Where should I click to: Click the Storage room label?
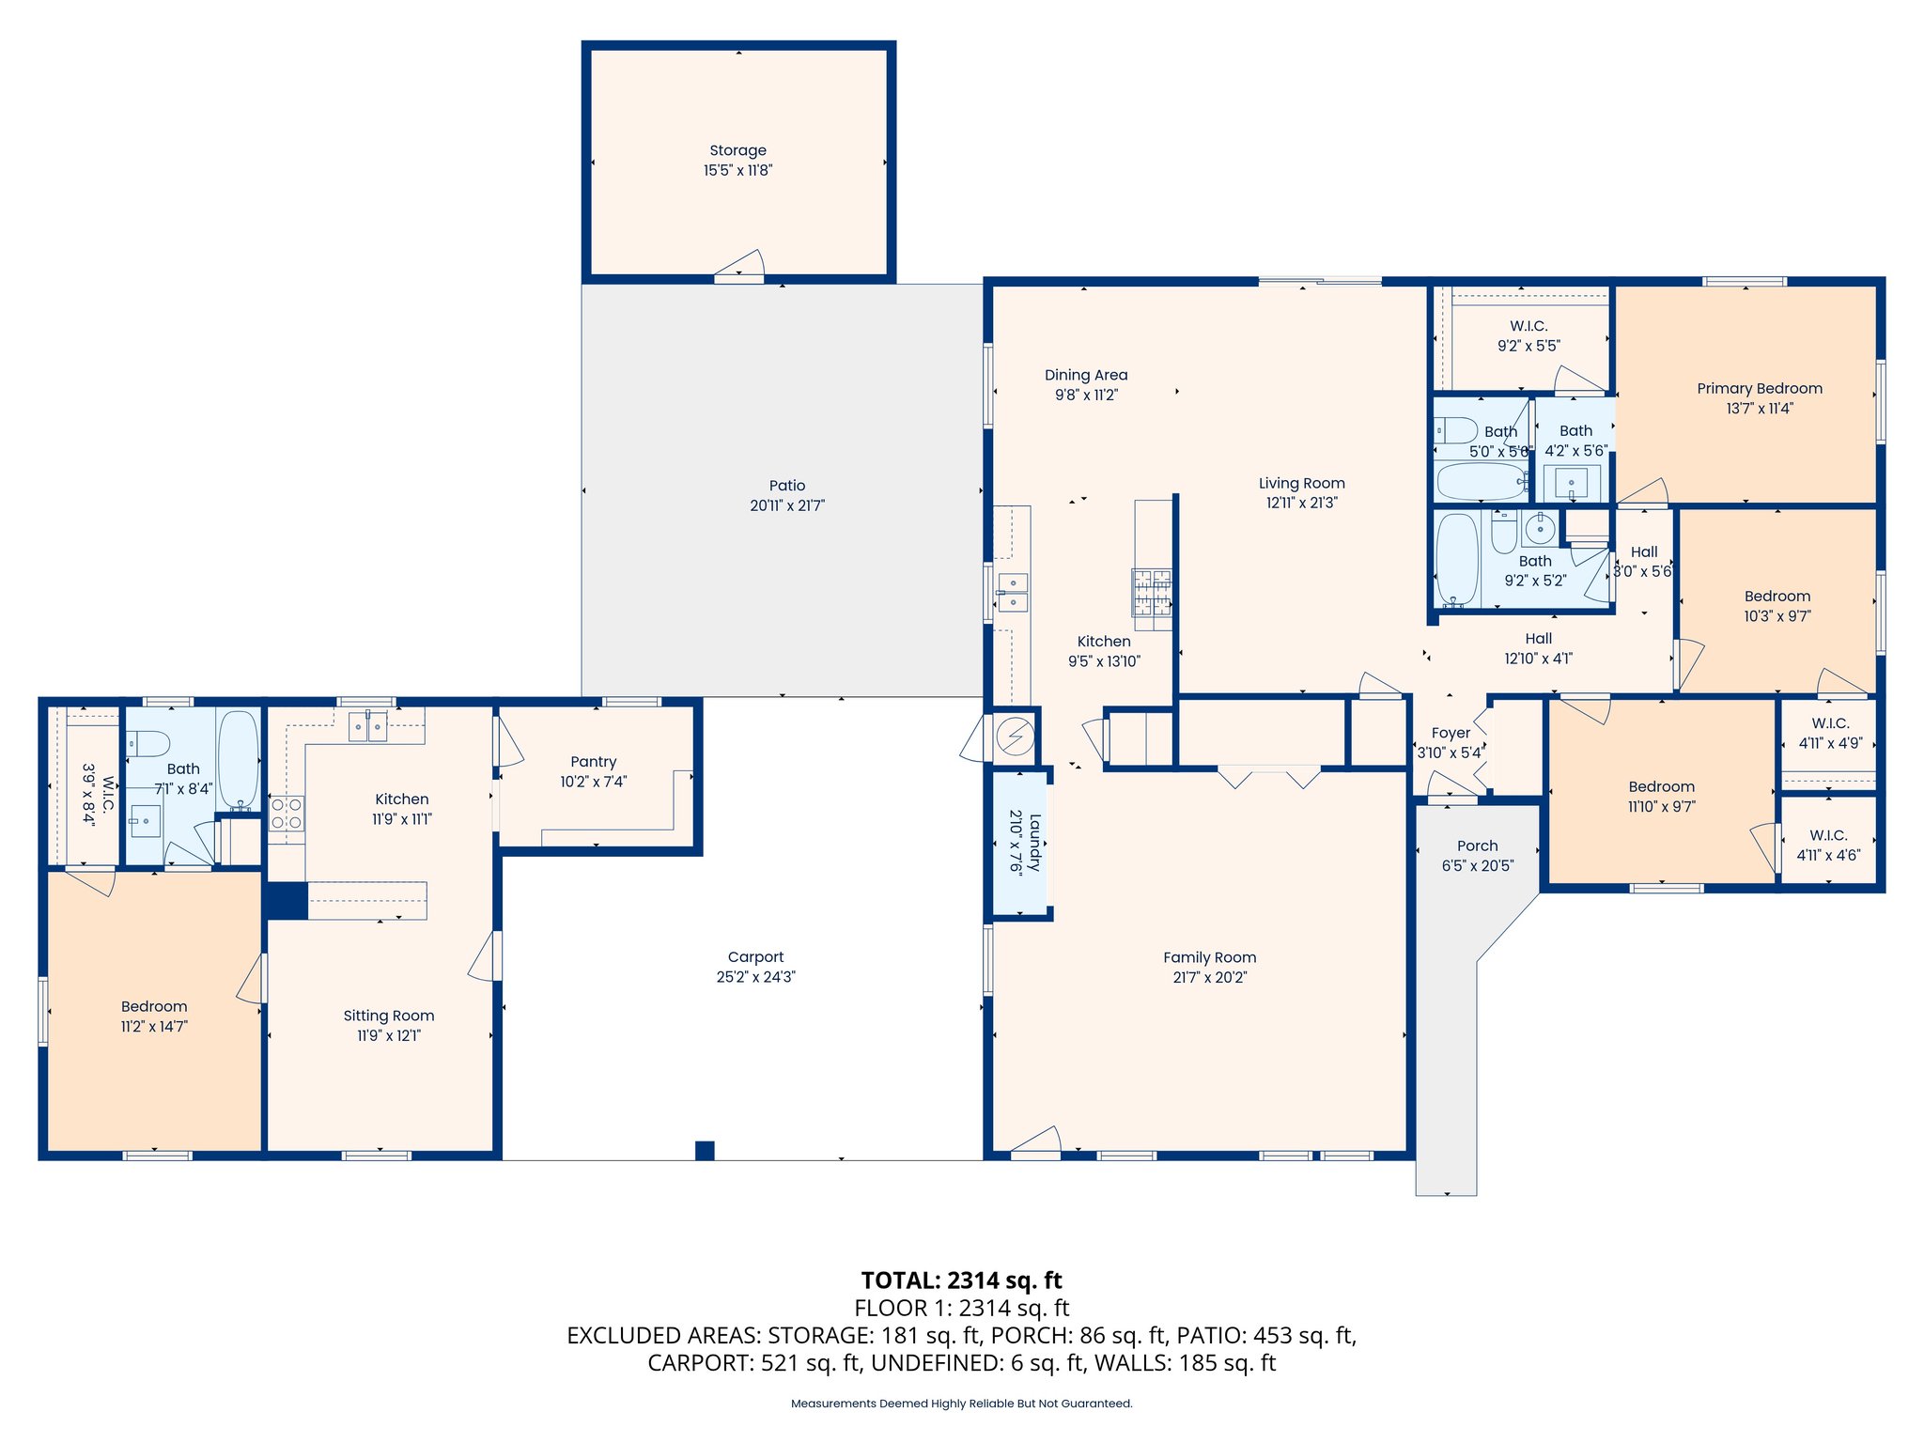pyautogui.click(x=737, y=150)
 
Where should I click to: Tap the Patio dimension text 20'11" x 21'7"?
pyautogui.click(x=786, y=505)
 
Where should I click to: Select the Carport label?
pyautogui.click(x=755, y=956)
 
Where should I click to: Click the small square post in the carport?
pyautogui.click(x=705, y=1150)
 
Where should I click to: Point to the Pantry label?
pyautogui.click(x=593, y=762)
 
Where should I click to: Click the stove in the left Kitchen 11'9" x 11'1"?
pyautogui.click(x=287, y=814)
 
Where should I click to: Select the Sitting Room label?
pyautogui.click(x=388, y=1016)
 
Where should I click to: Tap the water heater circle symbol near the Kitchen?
pyautogui.click(x=1015, y=737)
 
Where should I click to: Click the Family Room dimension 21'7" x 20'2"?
pyautogui.click(x=1209, y=977)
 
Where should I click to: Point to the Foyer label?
pyautogui.click(x=1451, y=733)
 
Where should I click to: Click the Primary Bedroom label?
pyautogui.click(x=1759, y=388)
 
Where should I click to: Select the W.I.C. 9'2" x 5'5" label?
pyautogui.click(x=1528, y=326)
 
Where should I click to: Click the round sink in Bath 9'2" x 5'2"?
pyautogui.click(x=1540, y=530)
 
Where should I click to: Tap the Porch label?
pyautogui.click(x=1477, y=846)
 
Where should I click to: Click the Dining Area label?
pyautogui.click(x=1086, y=375)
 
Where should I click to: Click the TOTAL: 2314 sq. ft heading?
pyautogui.click(x=961, y=1280)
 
